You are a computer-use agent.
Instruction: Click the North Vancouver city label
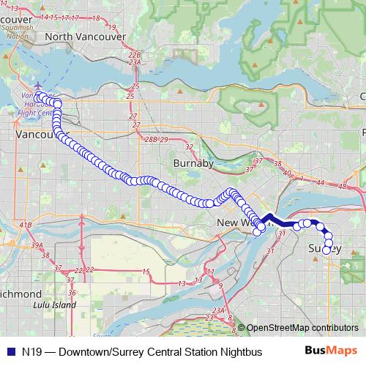(x=83, y=36)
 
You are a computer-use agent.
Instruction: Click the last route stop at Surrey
(x=326, y=250)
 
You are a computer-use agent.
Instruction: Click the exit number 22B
(x=134, y=55)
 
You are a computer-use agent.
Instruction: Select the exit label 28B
(x=151, y=139)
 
